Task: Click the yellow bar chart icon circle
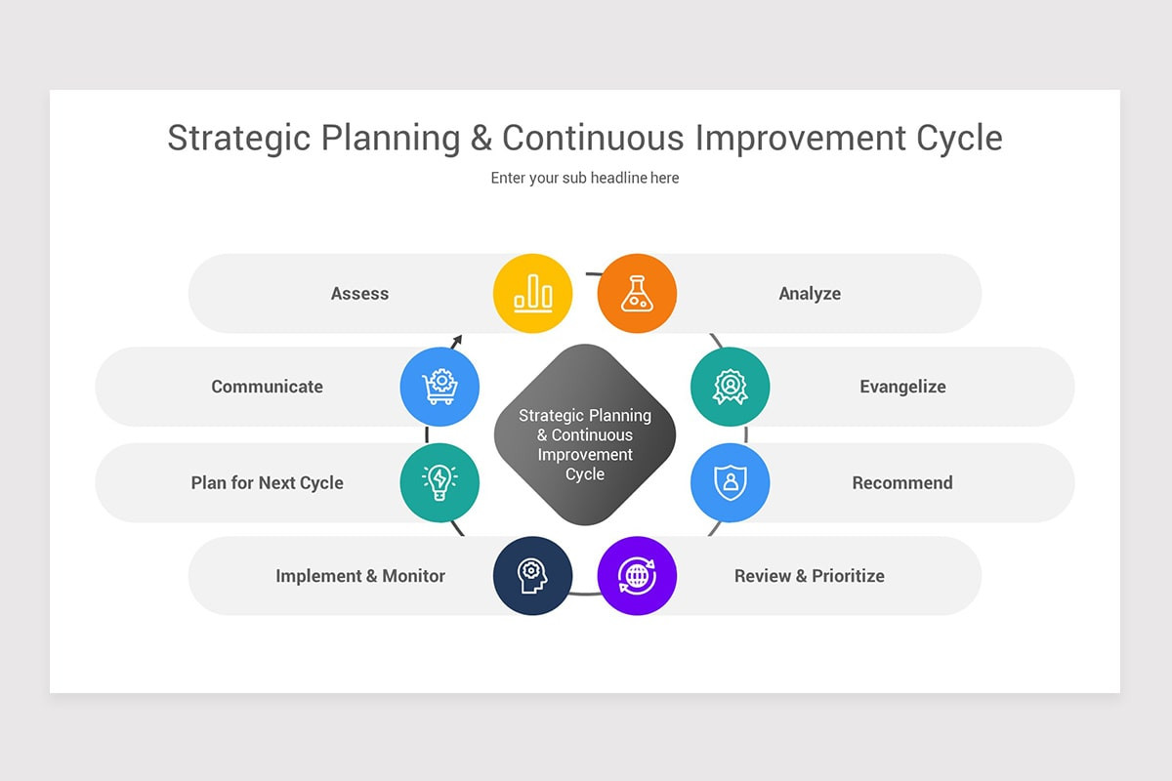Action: pyautogui.click(x=532, y=294)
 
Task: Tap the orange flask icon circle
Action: pyautogui.click(x=637, y=294)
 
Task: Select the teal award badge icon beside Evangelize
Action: pyautogui.click(x=730, y=387)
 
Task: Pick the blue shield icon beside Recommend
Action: pyautogui.click(x=730, y=482)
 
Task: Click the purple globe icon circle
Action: pyautogui.click(x=637, y=575)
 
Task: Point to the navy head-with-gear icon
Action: pyautogui.click(x=532, y=575)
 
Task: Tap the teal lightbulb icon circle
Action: pyautogui.click(x=439, y=482)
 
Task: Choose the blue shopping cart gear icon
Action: pyautogui.click(x=439, y=387)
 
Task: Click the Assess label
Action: pyautogui.click(x=360, y=294)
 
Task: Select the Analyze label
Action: pyautogui.click(x=810, y=294)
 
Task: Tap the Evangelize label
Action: pyautogui.click(x=903, y=388)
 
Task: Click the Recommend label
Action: pyautogui.click(x=902, y=482)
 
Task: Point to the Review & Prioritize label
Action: pyautogui.click(x=810, y=575)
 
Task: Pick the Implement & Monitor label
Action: pyautogui.click(x=360, y=575)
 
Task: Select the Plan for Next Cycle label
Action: pyautogui.click(x=267, y=483)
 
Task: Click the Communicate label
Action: pyautogui.click(x=267, y=387)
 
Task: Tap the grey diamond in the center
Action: pyautogui.click(x=585, y=434)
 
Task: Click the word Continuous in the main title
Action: pyautogui.click(x=594, y=138)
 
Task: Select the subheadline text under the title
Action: pyautogui.click(x=585, y=178)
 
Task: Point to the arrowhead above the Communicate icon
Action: pyautogui.click(x=457, y=340)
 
